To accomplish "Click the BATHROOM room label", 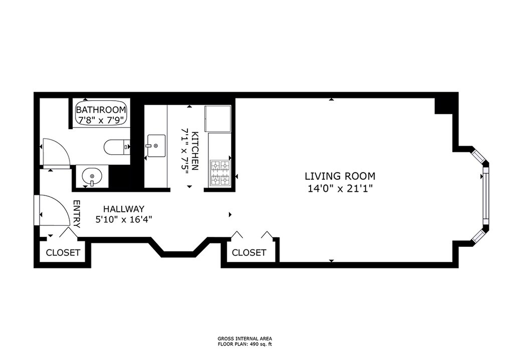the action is click(x=101, y=110).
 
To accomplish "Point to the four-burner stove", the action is click(x=220, y=173).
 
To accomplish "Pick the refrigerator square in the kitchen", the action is click(x=218, y=118).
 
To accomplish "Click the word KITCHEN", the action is click(x=195, y=151).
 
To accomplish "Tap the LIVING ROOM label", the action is click(x=340, y=176).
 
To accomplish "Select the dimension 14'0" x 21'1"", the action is click(x=340, y=189).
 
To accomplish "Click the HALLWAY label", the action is click(x=124, y=209).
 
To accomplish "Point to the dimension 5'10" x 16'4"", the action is click(x=124, y=219).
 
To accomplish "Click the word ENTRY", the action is click(x=77, y=214).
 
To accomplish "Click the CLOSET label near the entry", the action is click(x=63, y=252).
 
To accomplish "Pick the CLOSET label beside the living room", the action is click(x=249, y=252).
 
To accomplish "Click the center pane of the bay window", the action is click(x=486, y=196).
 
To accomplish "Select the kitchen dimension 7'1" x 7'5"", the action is click(x=185, y=151).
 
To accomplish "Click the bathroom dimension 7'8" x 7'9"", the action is click(x=101, y=120).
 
